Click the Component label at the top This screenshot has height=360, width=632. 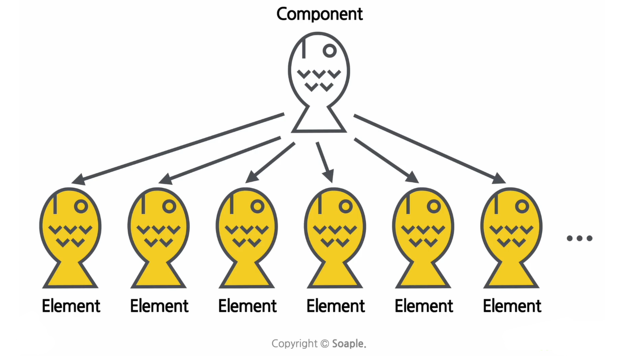click(x=319, y=15)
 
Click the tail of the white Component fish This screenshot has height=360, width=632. click(x=319, y=121)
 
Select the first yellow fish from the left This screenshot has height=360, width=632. click(x=70, y=236)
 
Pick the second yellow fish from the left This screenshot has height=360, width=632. click(x=159, y=236)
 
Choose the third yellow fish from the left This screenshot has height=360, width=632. click(x=247, y=236)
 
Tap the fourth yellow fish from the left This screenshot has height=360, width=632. click(x=335, y=236)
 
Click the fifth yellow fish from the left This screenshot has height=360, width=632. click(x=423, y=236)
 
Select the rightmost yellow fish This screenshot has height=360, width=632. click(x=511, y=236)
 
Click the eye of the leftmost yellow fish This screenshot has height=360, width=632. click(x=81, y=206)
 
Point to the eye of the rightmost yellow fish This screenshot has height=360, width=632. click(x=522, y=206)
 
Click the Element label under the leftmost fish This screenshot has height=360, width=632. click(x=71, y=306)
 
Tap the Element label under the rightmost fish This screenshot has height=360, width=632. click(x=512, y=306)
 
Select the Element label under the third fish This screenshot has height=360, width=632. click(x=247, y=306)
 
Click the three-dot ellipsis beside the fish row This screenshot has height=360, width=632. click(x=579, y=238)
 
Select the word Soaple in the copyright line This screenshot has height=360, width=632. click(x=348, y=344)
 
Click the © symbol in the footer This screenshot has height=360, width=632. click(x=324, y=344)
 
